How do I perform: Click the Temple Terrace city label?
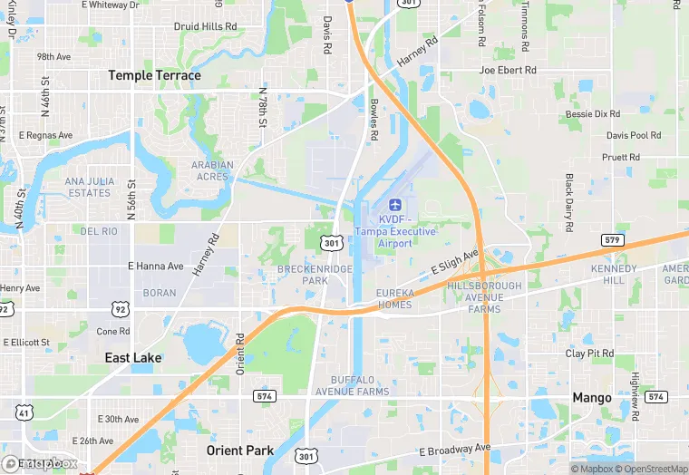(154, 75)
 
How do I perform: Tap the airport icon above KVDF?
(394, 205)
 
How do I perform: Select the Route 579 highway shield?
(612, 239)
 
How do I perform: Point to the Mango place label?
(592, 397)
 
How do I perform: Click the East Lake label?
(133, 358)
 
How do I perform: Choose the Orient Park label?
(239, 451)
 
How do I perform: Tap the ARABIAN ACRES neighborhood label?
(212, 170)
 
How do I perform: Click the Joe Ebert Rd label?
(508, 70)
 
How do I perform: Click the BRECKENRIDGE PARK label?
(303, 275)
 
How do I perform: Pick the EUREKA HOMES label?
(394, 298)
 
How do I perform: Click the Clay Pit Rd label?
(589, 354)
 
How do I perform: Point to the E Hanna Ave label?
(155, 267)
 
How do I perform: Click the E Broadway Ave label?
(454, 451)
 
